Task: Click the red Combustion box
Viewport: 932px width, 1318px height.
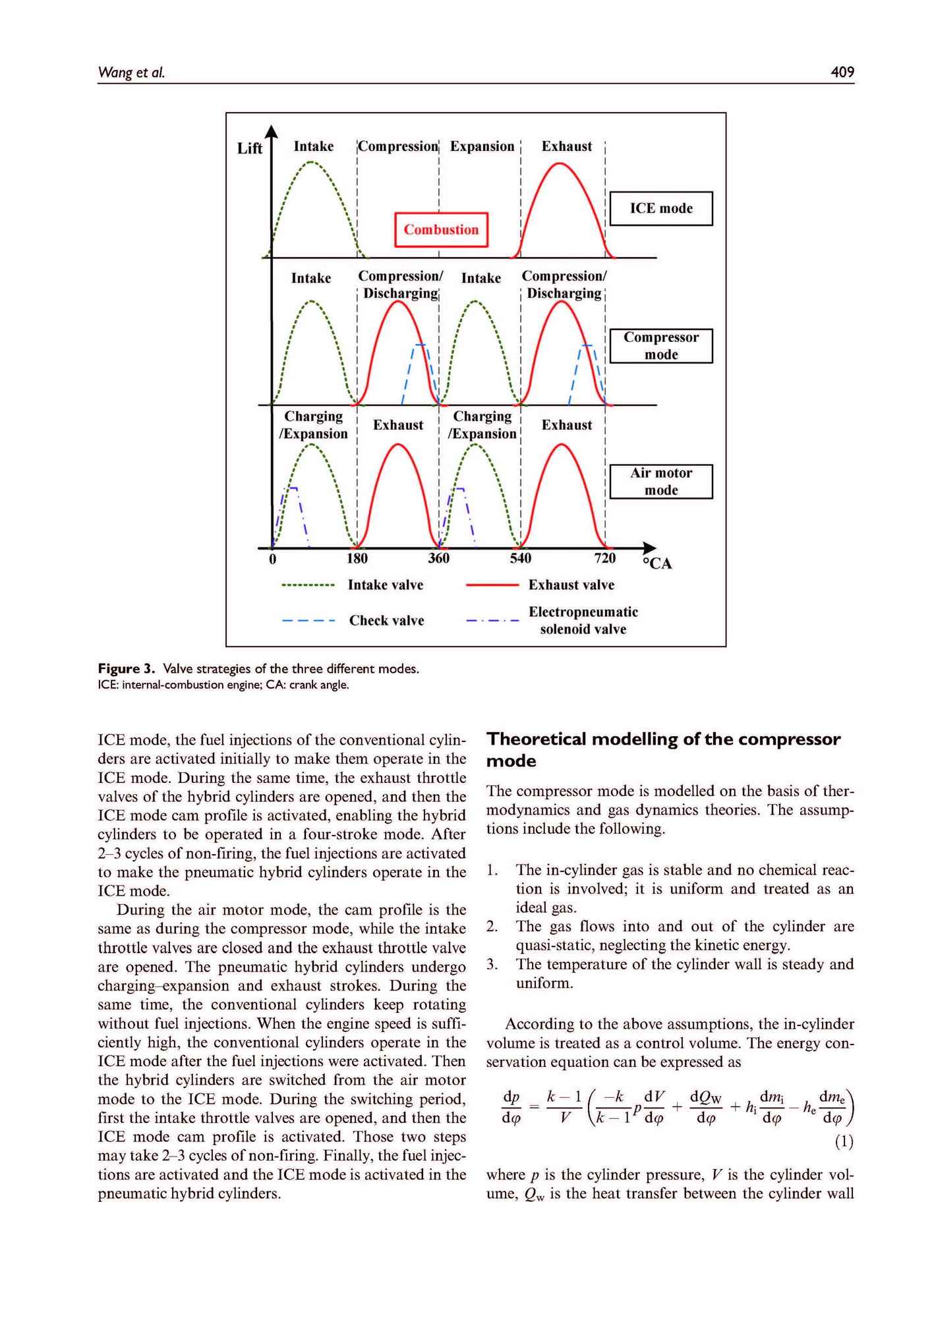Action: (441, 229)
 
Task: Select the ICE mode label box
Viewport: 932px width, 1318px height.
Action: (661, 208)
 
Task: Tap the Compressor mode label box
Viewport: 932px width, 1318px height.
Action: (661, 346)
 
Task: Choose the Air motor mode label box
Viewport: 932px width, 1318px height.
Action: (661, 482)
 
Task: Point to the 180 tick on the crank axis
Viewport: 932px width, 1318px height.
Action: (357, 559)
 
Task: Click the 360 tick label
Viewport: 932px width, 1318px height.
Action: (438, 559)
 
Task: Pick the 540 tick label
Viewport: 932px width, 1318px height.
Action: (520, 559)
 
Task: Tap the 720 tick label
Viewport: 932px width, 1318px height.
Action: (604, 559)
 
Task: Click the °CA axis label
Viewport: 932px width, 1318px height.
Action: (657, 564)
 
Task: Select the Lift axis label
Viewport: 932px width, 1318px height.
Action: (250, 148)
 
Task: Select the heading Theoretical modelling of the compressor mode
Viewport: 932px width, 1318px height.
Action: (663, 750)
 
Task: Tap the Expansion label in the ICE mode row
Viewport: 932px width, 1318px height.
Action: (482, 146)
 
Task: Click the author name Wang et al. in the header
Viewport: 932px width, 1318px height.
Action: (131, 72)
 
